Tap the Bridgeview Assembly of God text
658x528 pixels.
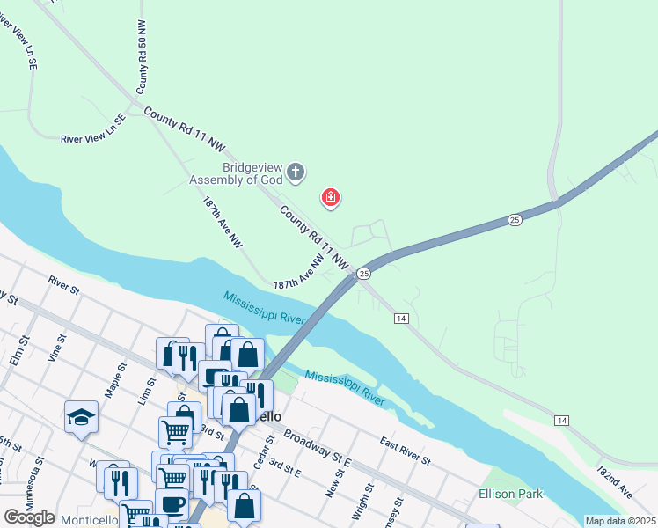236,173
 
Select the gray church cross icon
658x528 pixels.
296,173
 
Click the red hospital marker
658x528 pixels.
331,199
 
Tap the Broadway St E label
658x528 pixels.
318,449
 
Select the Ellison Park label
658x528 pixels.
511,495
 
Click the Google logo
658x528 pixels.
29,518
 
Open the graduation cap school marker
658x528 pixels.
81,416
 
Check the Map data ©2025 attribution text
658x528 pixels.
620,521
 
